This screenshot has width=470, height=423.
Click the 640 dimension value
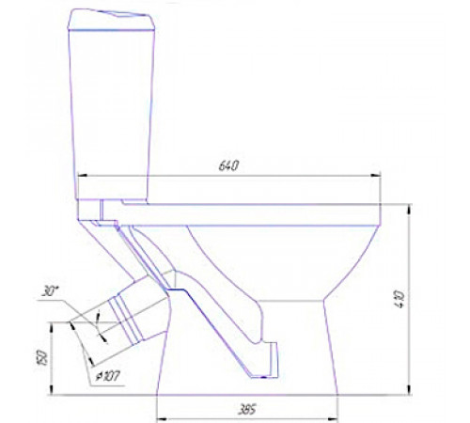tap(228, 165)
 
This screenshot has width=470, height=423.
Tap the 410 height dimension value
tap(400, 300)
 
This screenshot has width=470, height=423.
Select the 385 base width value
tap(247, 410)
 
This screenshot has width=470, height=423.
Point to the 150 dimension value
tap(43, 358)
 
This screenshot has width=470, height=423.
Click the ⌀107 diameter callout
tap(107, 376)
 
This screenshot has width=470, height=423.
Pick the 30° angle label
tap(50, 291)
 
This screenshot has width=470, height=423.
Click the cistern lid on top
tap(112, 20)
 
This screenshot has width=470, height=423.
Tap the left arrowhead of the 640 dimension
tap(82, 176)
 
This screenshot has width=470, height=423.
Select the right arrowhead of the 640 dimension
tap(376, 176)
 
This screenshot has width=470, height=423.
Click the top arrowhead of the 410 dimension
tap(409, 210)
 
